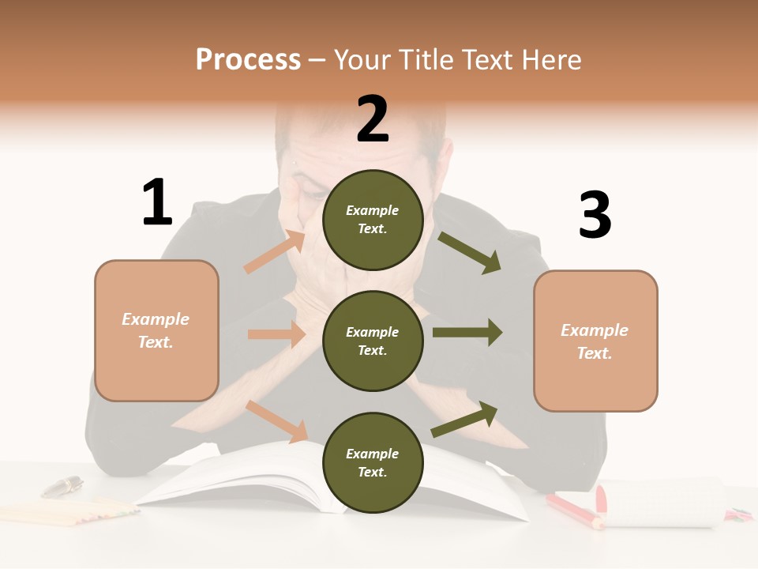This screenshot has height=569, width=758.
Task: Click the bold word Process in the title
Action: tap(248, 60)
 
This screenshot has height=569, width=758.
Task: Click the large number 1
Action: tap(156, 202)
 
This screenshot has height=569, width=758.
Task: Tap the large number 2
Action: tap(373, 119)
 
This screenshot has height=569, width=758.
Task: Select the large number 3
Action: tap(595, 216)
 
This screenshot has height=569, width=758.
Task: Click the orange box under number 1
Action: tap(156, 330)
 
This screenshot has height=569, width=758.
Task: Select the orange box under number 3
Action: tap(595, 341)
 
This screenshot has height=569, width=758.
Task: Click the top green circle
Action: tap(373, 219)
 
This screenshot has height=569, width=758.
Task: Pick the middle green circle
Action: tap(373, 341)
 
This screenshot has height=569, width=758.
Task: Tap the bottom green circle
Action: tap(373, 462)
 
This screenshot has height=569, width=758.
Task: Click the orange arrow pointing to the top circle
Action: tap(276, 251)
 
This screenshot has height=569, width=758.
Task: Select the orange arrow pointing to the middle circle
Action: tap(276, 334)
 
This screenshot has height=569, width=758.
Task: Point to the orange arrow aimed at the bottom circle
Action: tap(277, 420)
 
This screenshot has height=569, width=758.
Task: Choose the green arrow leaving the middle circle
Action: tap(467, 332)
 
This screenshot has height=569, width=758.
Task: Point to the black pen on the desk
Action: tap(62, 486)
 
